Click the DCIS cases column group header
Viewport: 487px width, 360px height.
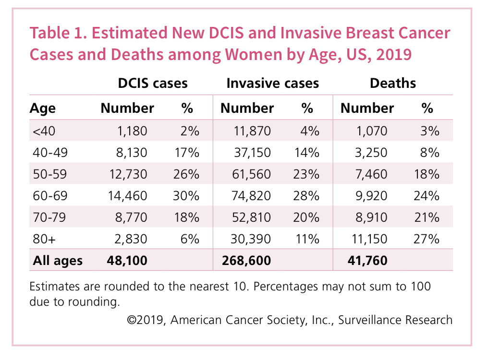point(153,83)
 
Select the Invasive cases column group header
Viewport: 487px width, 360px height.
point(272,83)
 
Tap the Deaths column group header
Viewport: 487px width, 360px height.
point(393,83)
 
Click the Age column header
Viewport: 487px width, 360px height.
point(43,108)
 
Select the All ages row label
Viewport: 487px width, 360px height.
point(58,261)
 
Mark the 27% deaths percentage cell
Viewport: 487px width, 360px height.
point(427,239)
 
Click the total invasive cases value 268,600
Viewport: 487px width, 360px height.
point(246,261)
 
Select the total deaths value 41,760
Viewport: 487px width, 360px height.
point(367,261)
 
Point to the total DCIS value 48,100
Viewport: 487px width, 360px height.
point(127,261)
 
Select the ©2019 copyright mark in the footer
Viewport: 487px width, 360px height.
point(146,320)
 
